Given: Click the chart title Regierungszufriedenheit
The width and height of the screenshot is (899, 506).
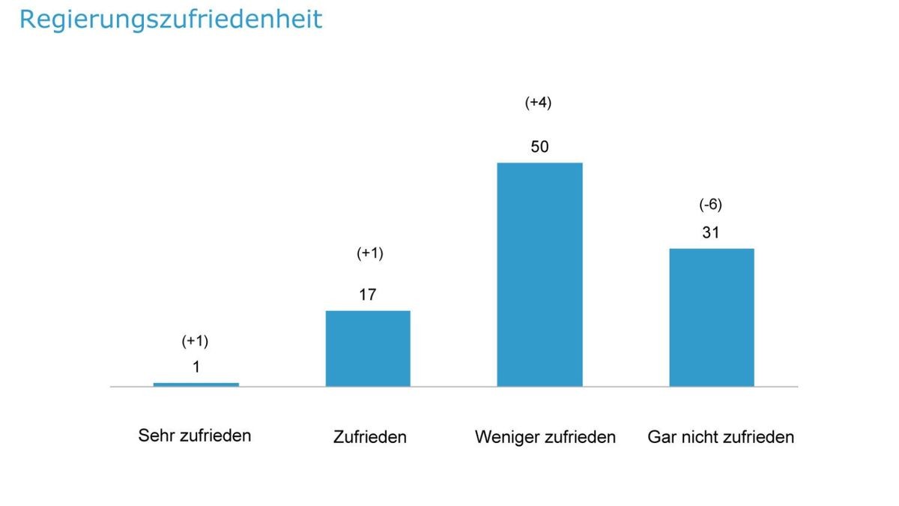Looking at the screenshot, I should (170, 19).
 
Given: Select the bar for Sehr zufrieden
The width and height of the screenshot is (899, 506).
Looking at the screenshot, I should (196, 385).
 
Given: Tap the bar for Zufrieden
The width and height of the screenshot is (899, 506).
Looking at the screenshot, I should (368, 349).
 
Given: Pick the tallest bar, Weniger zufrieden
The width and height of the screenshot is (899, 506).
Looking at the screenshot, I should (539, 274).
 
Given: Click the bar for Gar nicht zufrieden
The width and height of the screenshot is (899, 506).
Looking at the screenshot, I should (711, 317).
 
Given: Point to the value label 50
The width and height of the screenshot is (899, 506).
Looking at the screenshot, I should (539, 147).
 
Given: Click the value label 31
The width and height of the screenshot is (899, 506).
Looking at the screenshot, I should (710, 233).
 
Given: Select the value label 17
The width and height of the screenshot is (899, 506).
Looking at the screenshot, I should (367, 295).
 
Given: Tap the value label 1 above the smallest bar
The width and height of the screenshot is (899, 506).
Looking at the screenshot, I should (196, 367).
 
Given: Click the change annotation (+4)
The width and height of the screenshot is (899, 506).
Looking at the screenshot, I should (538, 103).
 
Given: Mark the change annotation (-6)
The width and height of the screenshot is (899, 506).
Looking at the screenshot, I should (710, 205).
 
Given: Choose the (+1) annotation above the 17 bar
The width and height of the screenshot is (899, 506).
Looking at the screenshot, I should (369, 253).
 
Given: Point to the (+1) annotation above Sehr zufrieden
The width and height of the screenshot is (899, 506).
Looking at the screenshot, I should (195, 341).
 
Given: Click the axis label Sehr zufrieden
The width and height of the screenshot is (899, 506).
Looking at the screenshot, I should (195, 436).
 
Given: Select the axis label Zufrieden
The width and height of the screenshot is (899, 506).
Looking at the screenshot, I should (369, 437).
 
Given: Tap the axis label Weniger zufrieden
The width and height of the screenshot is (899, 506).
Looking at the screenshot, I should (545, 437).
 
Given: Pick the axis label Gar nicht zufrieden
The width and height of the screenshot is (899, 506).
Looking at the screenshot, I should (721, 437).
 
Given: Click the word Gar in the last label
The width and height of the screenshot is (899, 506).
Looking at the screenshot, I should (662, 437).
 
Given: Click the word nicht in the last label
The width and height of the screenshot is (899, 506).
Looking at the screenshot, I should (700, 437).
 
